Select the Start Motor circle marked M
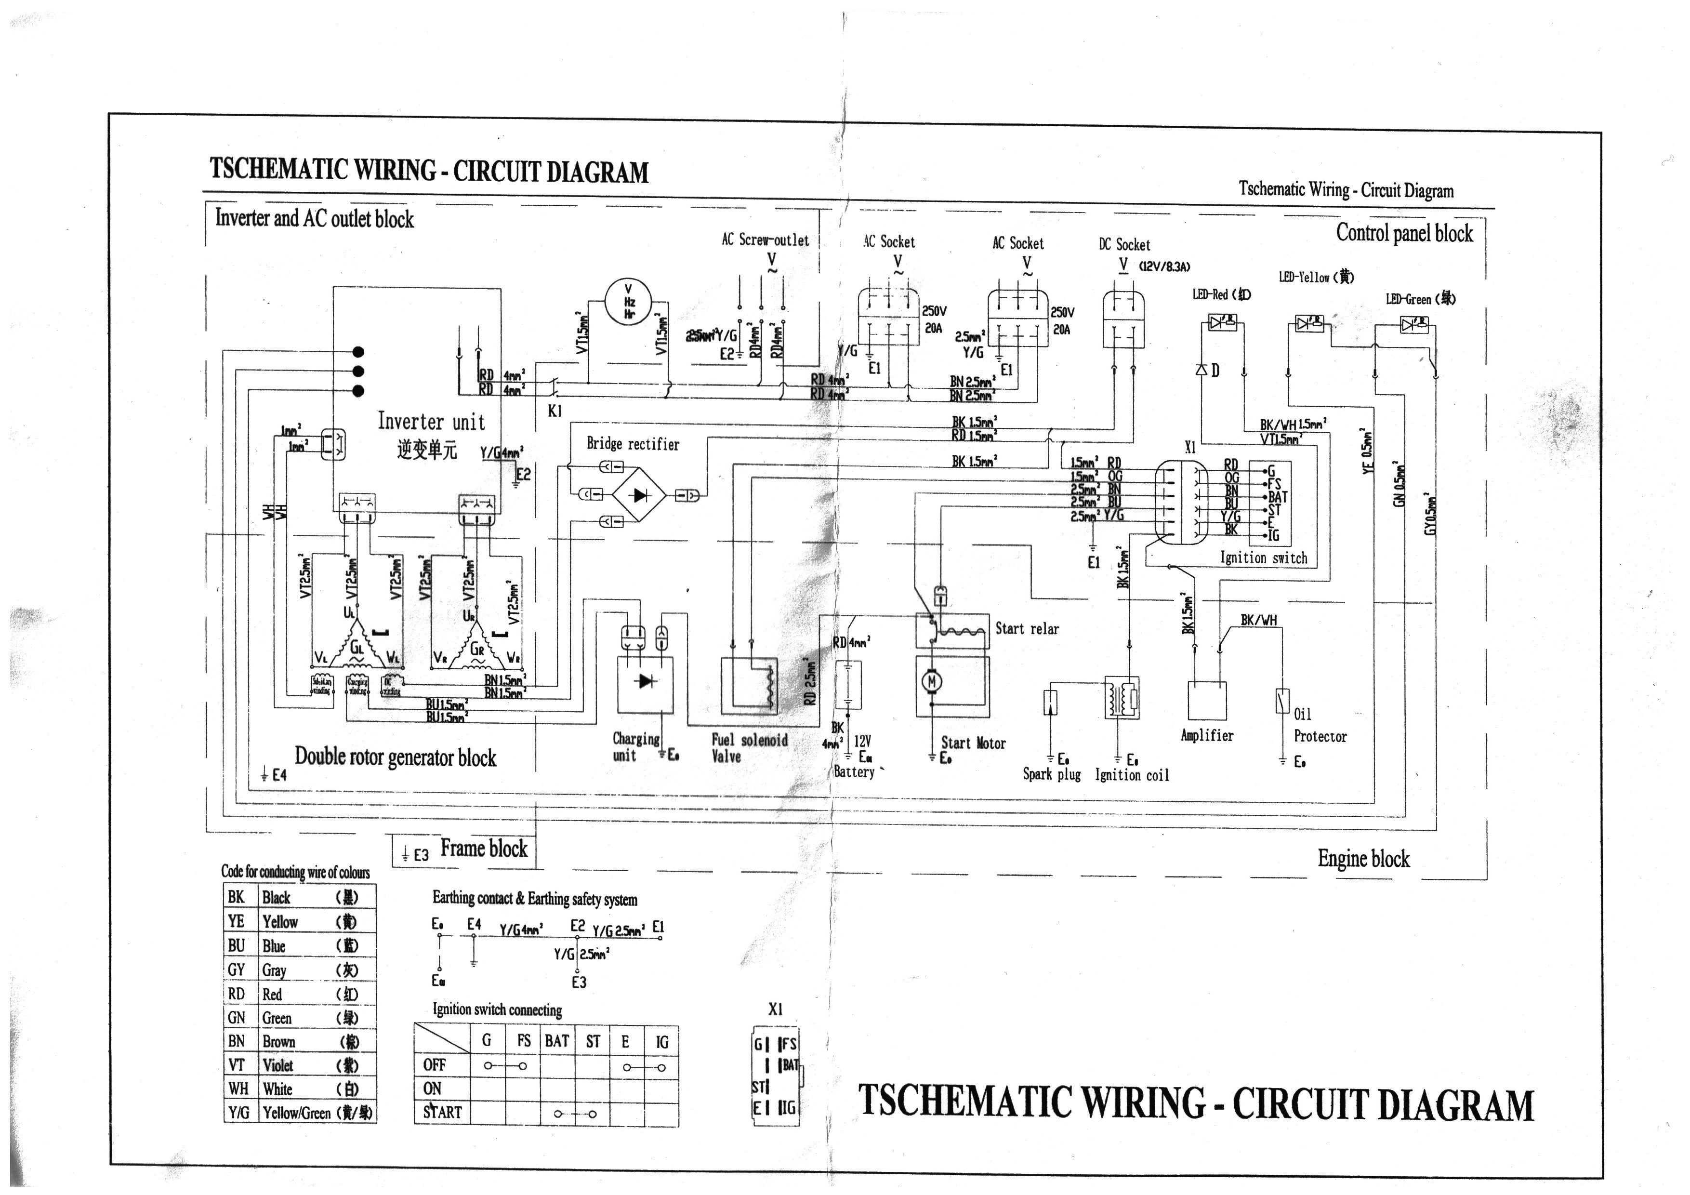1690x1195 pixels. (x=931, y=682)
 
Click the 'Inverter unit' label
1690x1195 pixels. (x=431, y=422)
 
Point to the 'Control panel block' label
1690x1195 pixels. (x=1404, y=233)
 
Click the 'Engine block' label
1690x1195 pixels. (x=1363, y=859)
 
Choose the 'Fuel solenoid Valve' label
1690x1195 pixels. (x=749, y=747)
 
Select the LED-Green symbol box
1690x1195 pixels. (x=1414, y=324)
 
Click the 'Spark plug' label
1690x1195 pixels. (x=1051, y=774)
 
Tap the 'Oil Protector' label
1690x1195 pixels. (x=1319, y=725)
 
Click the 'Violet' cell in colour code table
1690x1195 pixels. (x=278, y=1065)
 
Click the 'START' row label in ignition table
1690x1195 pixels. (x=442, y=1112)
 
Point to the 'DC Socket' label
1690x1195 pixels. (x=1124, y=244)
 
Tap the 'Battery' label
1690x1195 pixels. (x=854, y=771)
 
